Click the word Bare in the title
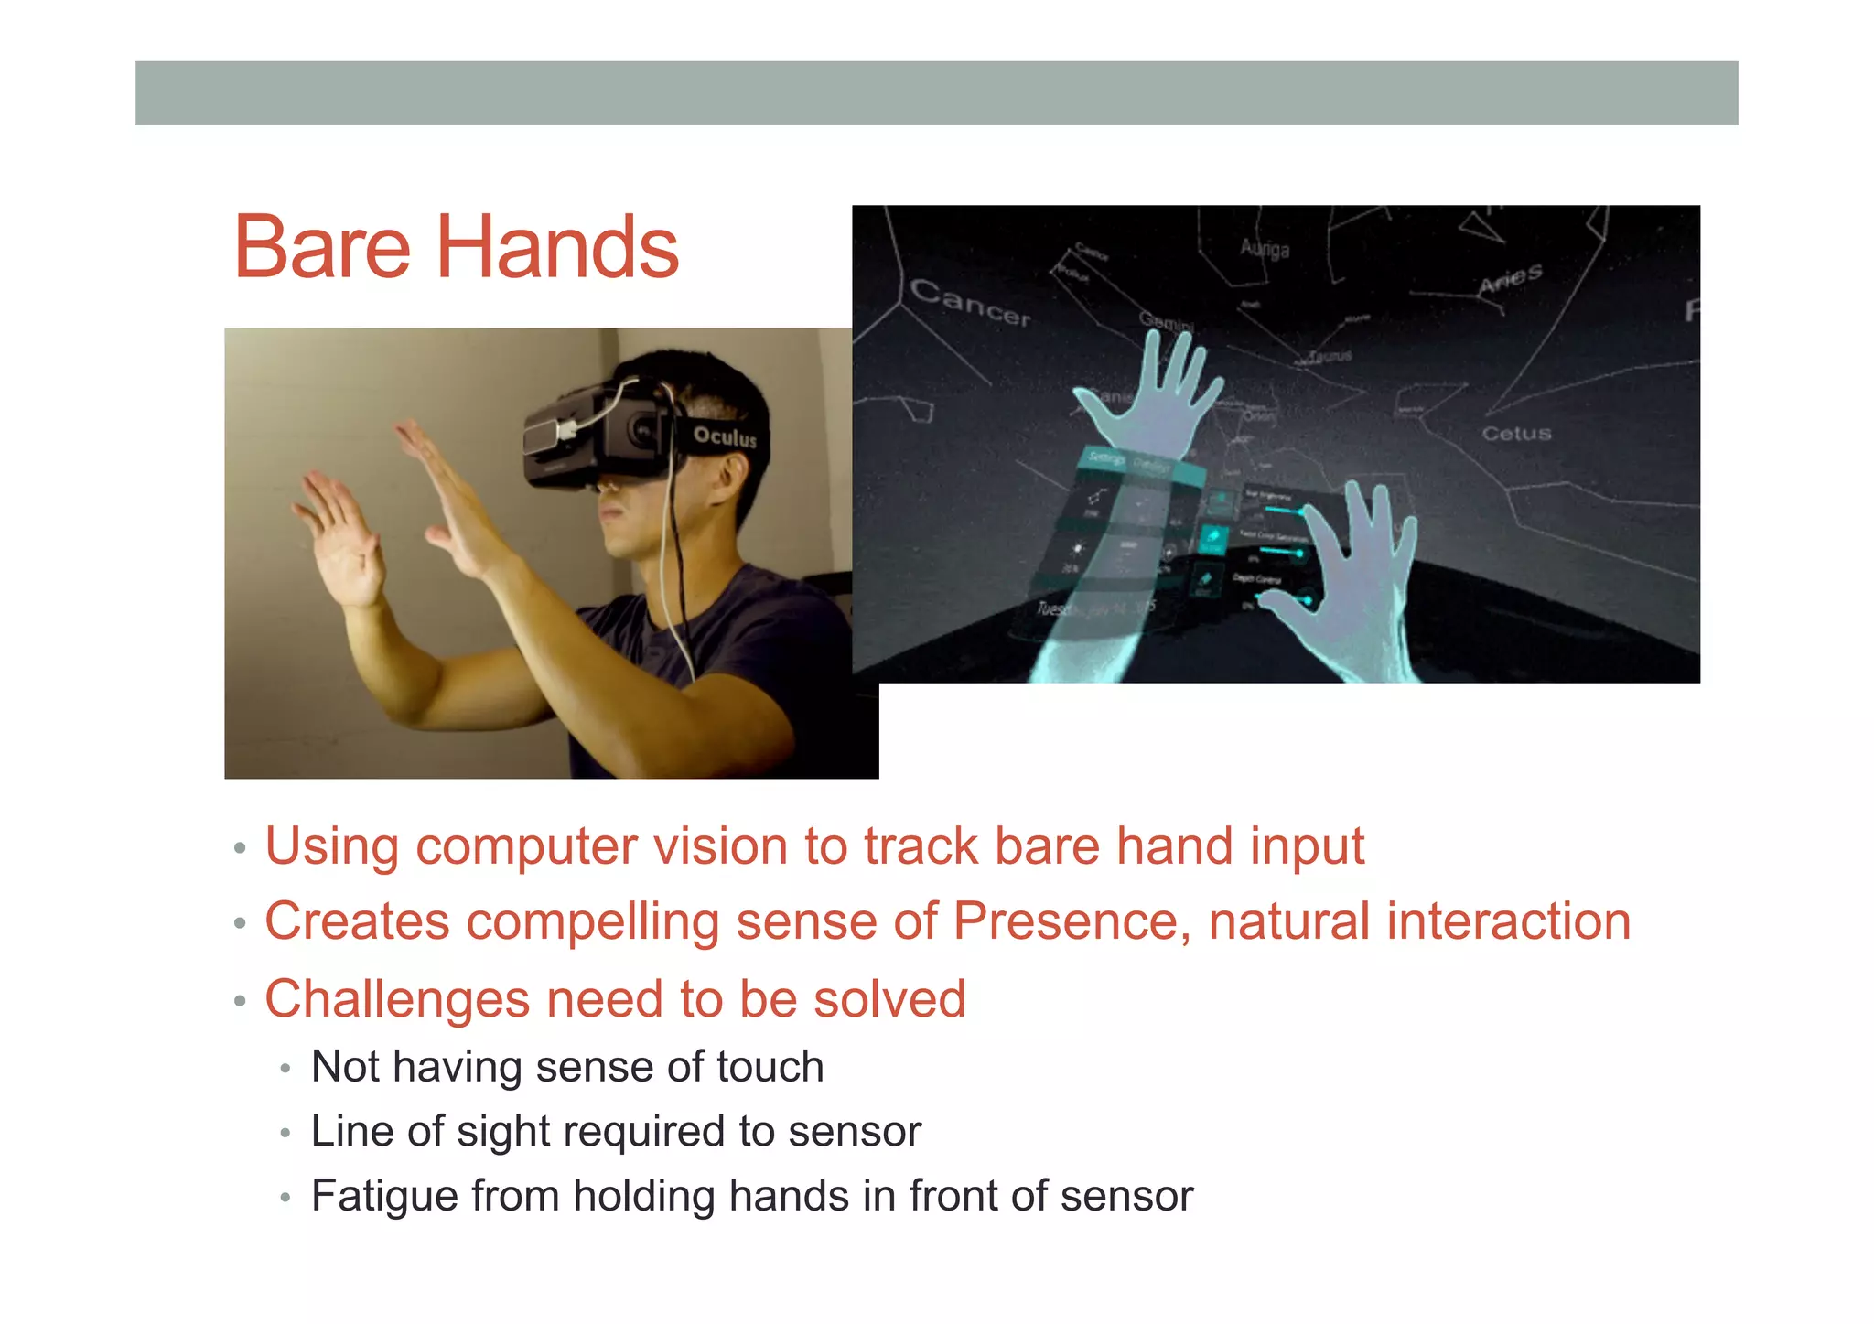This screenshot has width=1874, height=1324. click(322, 247)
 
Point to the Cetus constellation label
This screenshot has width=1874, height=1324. click(1516, 433)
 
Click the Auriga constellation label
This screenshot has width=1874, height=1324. click(1265, 248)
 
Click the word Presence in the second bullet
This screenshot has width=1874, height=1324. click(1072, 921)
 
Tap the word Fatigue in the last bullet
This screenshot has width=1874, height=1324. click(383, 1196)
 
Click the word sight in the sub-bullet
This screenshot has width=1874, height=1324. click(503, 1132)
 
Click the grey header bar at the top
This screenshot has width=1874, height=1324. click(936, 92)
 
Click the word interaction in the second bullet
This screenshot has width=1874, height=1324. click(1509, 921)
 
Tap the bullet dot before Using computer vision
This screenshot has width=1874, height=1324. click(240, 848)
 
